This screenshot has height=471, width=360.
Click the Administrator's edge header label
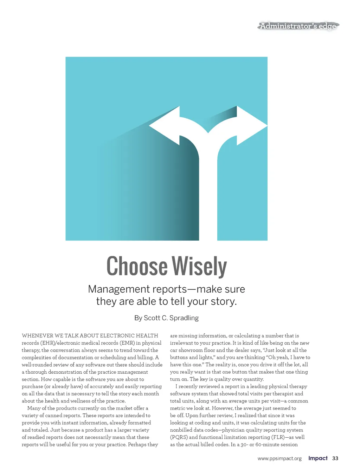pyautogui.click(x=298, y=26)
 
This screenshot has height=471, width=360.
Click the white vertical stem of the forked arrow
pyautogui.click(x=208, y=197)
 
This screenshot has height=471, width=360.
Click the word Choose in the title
pyautogui.click(x=137, y=266)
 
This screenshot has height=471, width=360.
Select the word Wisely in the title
pyautogui.click(x=199, y=266)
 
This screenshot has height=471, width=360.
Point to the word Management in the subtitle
pyautogui.click(x=115, y=289)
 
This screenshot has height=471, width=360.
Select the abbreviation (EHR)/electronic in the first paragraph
pyautogui.click(x=60, y=343)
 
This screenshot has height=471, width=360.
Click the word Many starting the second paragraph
pyautogui.click(x=33, y=408)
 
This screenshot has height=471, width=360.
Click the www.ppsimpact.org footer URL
pyautogui.click(x=279, y=458)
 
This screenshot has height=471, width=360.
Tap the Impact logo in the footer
pyautogui.click(x=318, y=458)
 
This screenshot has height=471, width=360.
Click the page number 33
pyautogui.click(x=335, y=458)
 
